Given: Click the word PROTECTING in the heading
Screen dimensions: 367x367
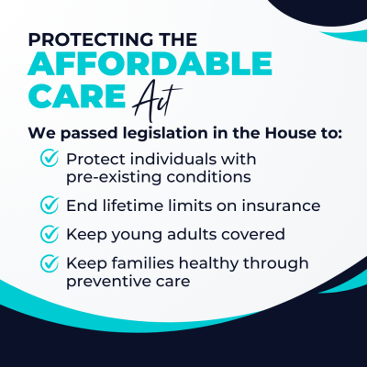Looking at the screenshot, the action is click(92, 39).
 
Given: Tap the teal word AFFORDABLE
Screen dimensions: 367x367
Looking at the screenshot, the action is click(150, 63).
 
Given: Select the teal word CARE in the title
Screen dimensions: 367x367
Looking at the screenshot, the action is click(77, 96).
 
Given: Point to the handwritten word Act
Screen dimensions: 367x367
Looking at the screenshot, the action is click(157, 100).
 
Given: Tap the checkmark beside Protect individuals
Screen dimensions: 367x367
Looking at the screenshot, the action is click(50, 158).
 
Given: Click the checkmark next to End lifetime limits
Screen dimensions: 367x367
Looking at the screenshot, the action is click(50, 205).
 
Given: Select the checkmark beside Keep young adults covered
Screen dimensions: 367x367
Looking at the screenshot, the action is click(50, 233).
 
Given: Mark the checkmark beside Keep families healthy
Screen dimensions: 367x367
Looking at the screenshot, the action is click(50, 263).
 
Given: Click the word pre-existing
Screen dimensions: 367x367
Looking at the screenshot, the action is click(114, 178).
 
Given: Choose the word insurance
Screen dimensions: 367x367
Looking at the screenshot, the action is click(281, 206).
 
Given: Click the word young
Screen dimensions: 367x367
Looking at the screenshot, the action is click(137, 236).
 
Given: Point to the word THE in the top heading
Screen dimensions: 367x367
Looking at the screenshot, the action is click(179, 39).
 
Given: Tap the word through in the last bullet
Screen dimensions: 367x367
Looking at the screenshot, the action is click(275, 264).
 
